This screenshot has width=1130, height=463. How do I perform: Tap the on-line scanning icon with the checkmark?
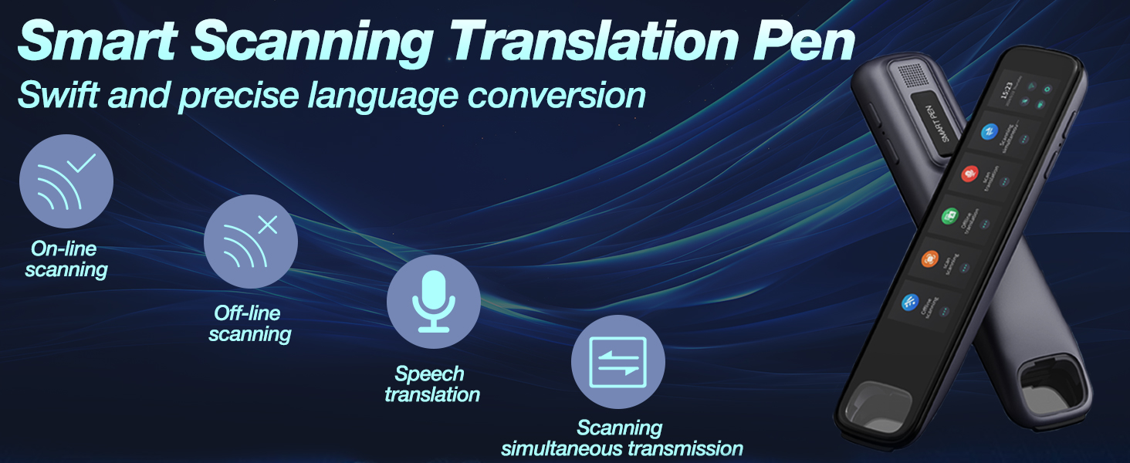pyautogui.click(x=66, y=181)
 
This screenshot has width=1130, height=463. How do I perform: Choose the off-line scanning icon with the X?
pyautogui.click(x=251, y=242)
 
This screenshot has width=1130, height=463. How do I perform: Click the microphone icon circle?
pyautogui.click(x=433, y=302)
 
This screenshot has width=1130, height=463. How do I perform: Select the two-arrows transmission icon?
pyautogui.click(x=617, y=362)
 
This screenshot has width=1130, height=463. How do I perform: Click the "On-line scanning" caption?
pyautogui.click(x=66, y=259)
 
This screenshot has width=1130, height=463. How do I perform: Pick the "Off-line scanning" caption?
pyautogui.click(x=249, y=323)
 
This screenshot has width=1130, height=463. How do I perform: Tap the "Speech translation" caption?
pyautogui.click(x=431, y=384)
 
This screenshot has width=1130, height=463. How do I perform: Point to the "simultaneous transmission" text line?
pyautogui.click(x=621, y=448)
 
